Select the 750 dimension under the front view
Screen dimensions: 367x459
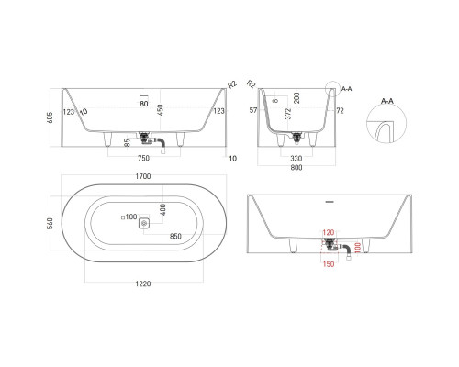click(144, 156)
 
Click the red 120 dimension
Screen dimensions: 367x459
click(329, 235)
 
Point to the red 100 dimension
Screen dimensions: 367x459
click(357, 249)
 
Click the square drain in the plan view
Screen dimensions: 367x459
click(144, 221)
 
